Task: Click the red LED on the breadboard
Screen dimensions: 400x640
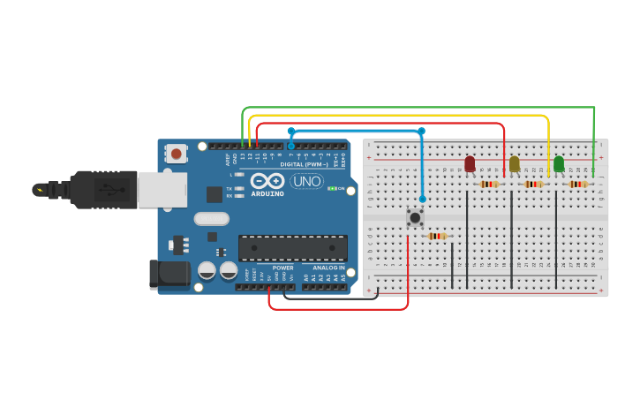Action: click(x=470, y=164)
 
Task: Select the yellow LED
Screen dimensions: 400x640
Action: click(x=515, y=164)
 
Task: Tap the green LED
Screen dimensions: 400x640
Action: click(x=559, y=164)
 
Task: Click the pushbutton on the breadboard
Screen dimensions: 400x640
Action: click(x=414, y=216)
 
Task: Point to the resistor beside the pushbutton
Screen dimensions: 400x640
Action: click(x=437, y=236)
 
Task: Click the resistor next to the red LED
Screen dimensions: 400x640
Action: click(x=489, y=185)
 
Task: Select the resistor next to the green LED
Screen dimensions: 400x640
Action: click(x=578, y=185)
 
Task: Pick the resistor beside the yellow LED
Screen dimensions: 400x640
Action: click(x=533, y=185)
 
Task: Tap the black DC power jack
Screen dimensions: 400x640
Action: click(x=169, y=274)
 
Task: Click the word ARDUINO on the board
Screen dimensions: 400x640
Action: click(x=267, y=193)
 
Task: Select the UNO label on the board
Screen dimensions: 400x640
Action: click(x=306, y=181)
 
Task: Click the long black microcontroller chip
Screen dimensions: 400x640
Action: click(x=292, y=248)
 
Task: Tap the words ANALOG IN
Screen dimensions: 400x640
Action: click(x=328, y=268)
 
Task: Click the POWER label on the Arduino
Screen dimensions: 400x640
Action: click(x=282, y=268)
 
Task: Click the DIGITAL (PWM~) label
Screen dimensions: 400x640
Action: click(x=303, y=164)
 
